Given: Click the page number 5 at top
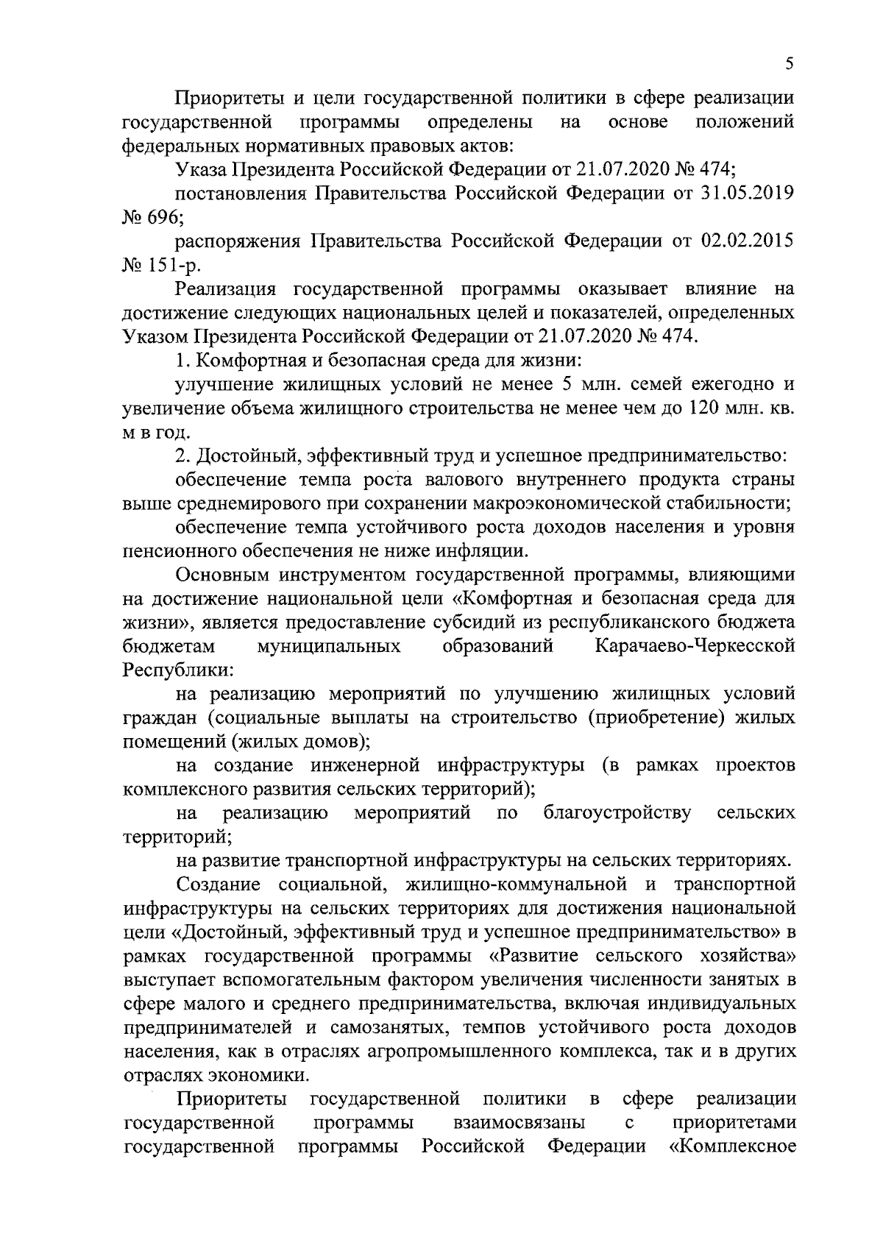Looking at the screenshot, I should point(789,64).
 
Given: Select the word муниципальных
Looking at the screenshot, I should point(329,647).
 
